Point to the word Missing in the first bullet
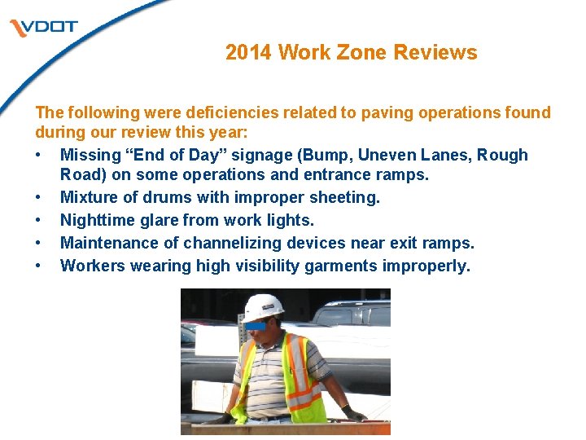tap(90, 155)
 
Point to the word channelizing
tap(230, 243)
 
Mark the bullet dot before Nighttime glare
tap(39, 220)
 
